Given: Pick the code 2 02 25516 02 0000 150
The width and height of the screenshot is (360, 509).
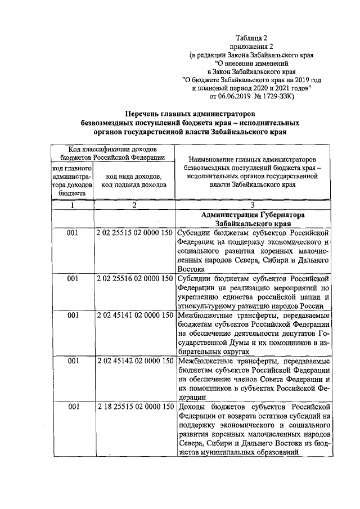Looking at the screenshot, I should coord(134,278).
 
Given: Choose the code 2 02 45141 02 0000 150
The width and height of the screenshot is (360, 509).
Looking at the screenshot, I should coord(134,316).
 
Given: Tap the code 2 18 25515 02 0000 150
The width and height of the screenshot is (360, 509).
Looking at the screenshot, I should coord(134,406).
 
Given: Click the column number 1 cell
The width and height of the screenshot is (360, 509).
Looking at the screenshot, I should coord(72,205).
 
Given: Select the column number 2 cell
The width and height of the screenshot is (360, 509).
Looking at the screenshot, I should coord(134,205).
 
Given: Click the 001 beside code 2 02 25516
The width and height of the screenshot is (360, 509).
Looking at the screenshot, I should coord(72,278).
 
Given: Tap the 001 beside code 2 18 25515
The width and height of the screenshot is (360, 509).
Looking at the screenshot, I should coord(72,406).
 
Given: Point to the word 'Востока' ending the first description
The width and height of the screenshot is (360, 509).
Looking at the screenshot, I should coord(191,269).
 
